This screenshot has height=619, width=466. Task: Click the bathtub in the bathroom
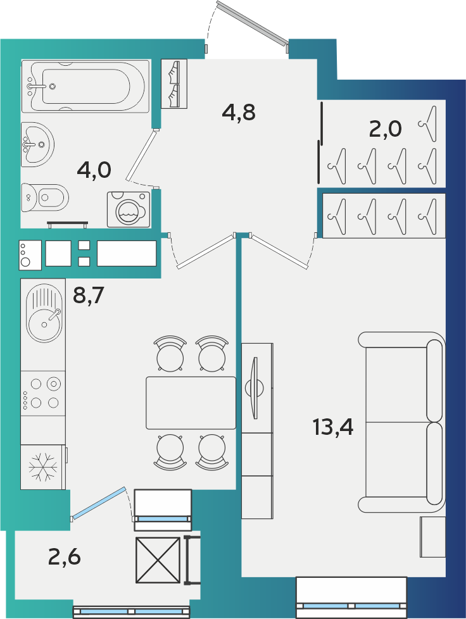click(85, 86)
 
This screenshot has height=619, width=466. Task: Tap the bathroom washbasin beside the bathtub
click(37, 144)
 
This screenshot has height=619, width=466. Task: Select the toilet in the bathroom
click(44, 197)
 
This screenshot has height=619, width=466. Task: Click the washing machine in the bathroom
click(129, 209)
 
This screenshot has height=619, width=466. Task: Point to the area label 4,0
click(94, 170)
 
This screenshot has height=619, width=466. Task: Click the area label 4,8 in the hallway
click(239, 113)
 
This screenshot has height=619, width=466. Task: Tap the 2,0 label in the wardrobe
click(385, 128)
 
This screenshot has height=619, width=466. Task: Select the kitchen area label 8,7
click(89, 295)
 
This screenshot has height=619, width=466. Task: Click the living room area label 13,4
click(333, 427)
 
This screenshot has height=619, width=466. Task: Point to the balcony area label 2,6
click(65, 557)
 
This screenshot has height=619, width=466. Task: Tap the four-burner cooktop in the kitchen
click(42, 393)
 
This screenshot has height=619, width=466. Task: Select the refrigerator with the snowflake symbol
click(43, 467)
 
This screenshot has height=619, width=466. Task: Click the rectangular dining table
click(191, 403)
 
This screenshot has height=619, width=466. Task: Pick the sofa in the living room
click(401, 422)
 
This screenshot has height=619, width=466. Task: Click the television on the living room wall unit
click(255, 387)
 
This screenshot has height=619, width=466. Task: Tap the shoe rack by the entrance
click(174, 84)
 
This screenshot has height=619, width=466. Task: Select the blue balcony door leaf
click(99, 503)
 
